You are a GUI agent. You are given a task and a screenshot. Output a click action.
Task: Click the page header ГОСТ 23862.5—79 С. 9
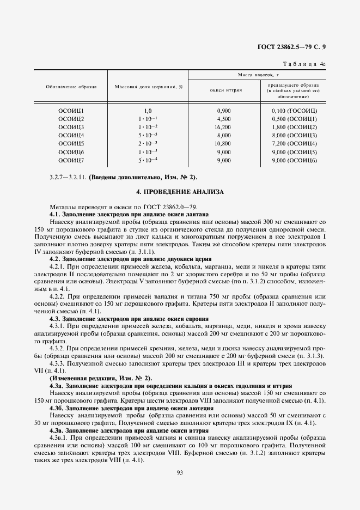coord(295,47)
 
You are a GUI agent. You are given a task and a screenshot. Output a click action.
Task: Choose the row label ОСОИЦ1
coord(71,111)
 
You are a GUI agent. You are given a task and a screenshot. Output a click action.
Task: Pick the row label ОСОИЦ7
coord(71,161)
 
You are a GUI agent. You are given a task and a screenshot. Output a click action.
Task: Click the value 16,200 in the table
coord(224,127)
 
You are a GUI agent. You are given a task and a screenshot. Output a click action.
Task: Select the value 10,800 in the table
coord(224,144)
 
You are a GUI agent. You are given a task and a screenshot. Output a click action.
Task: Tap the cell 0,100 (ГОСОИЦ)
coord(294,111)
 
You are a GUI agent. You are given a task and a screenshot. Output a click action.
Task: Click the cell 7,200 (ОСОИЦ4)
coord(294,144)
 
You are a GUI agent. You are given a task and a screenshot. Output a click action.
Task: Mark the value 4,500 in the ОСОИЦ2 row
coord(224,119)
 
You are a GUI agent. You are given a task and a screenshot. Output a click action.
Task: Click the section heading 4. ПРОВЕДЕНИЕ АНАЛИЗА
coord(180,192)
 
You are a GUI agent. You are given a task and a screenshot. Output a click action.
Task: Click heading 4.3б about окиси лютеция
coord(131,408)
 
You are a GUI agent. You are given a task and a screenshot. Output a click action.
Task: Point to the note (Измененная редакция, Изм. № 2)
coord(101,378)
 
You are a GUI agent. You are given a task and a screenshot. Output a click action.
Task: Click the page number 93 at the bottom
coord(180,472)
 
